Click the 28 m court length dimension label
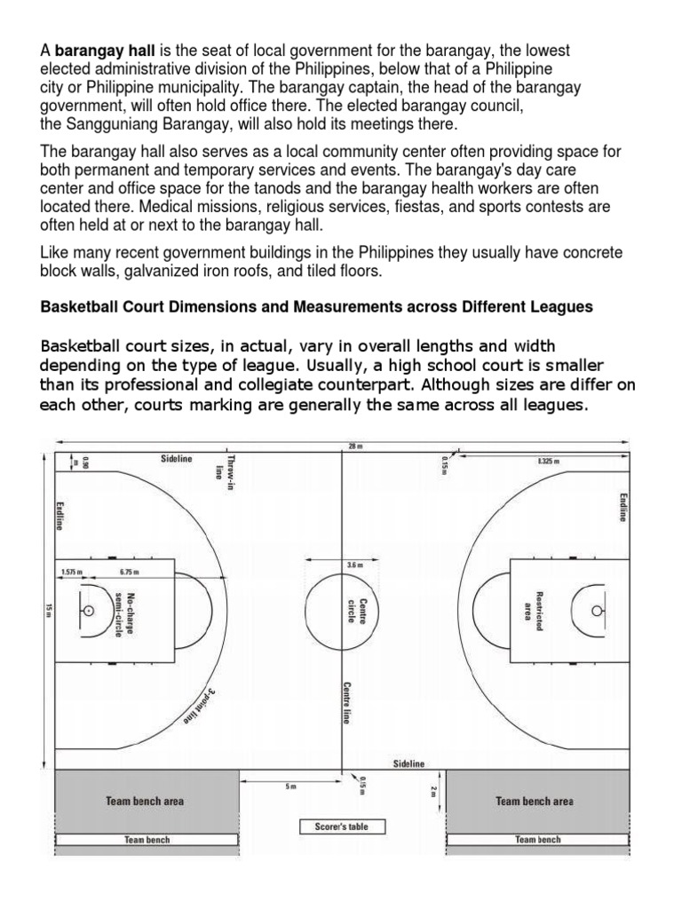click(356, 447)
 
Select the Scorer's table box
click(341, 826)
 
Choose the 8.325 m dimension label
click(551, 462)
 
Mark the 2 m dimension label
click(434, 791)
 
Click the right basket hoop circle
click(596, 611)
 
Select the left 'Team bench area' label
click(145, 801)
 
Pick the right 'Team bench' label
click(538, 839)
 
